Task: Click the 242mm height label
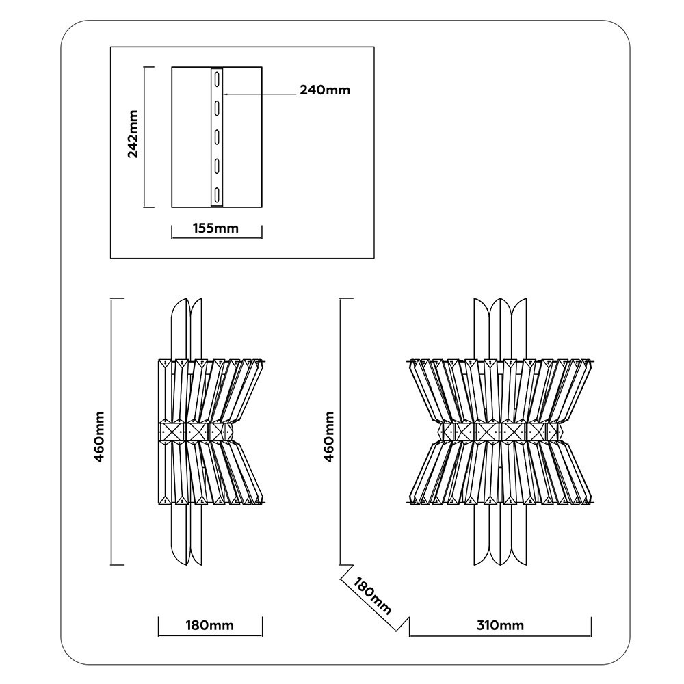tap(133, 134)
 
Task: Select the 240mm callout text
tap(325, 90)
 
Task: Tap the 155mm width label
tap(217, 228)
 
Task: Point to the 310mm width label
tap(501, 625)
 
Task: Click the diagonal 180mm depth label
tap(373, 595)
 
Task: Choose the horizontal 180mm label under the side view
tap(210, 625)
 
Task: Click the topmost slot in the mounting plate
tap(217, 78)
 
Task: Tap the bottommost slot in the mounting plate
tap(217, 194)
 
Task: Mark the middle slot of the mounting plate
tap(217, 136)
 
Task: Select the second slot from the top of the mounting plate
tap(217, 107)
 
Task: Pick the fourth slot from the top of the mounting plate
tap(217, 165)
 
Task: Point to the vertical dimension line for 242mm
tap(144, 137)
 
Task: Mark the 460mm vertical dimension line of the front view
tap(340, 431)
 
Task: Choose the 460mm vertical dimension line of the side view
tap(111, 431)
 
